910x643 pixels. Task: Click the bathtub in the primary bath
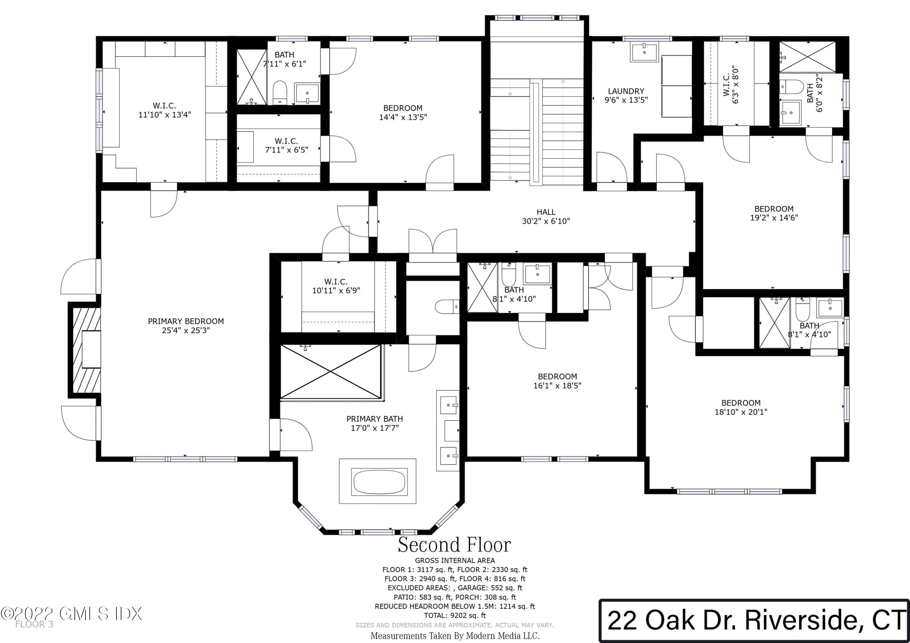point(379,482)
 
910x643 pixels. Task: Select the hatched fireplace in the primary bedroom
point(84,350)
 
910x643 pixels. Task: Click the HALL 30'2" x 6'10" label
point(546,217)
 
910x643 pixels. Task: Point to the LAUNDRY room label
point(626,91)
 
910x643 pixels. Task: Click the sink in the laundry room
point(644,52)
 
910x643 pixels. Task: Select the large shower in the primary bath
point(331,371)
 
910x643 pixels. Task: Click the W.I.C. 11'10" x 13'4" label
point(164,110)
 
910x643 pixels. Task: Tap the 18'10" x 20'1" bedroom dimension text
point(741,412)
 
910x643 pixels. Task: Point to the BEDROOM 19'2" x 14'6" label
point(774,213)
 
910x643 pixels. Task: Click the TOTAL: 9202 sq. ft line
point(455,615)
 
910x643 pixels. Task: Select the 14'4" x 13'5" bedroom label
point(403,112)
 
